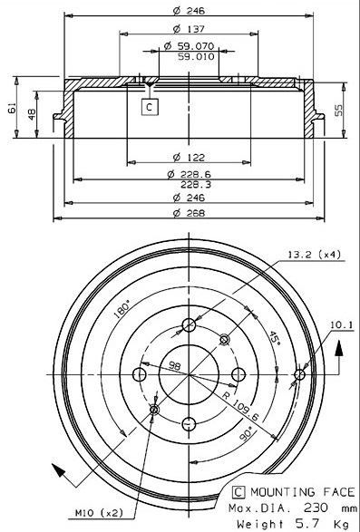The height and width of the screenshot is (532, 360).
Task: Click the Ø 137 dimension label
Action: click(x=189, y=29)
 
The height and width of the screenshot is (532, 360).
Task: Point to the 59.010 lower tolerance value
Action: click(x=196, y=56)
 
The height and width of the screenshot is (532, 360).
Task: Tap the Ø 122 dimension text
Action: click(x=189, y=158)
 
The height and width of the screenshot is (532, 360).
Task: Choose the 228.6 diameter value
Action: click(x=196, y=174)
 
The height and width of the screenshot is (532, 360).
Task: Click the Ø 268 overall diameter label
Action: click(x=189, y=213)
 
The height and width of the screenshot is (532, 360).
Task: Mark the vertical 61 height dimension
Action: click(x=12, y=108)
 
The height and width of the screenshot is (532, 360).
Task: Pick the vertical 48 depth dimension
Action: click(x=32, y=114)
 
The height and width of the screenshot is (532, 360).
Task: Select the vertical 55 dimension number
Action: click(x=339, y=111)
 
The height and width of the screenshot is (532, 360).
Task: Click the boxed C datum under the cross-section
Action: click(x=150, y=107)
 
